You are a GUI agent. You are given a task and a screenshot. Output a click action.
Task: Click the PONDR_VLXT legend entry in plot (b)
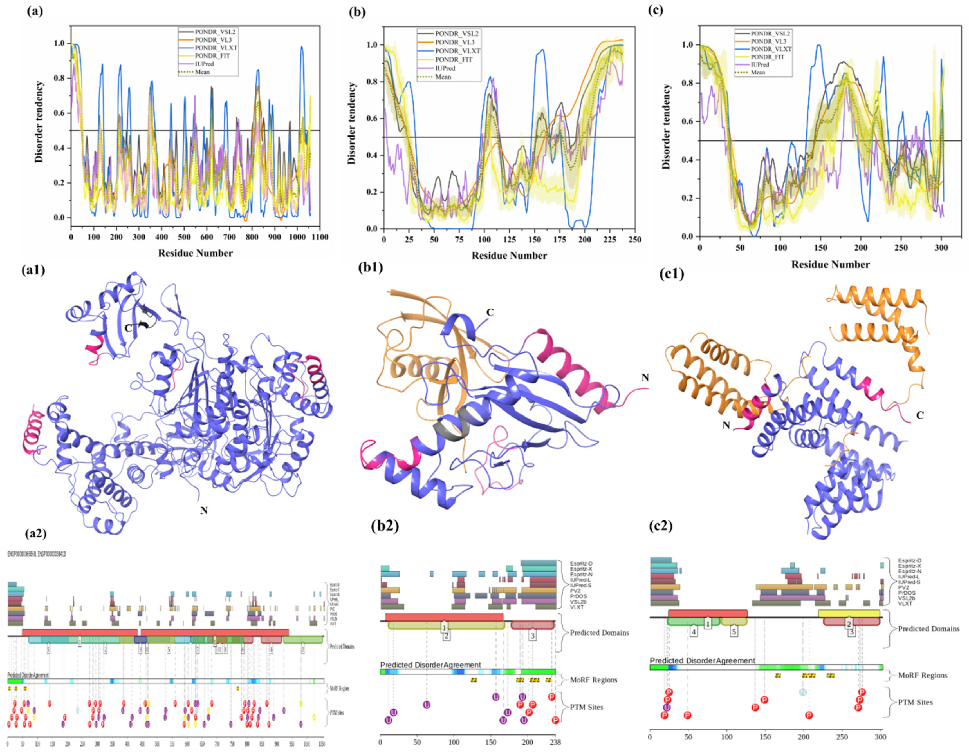tap(457, 51)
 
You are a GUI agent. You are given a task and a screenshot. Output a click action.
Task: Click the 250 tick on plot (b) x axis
tap(635, 240)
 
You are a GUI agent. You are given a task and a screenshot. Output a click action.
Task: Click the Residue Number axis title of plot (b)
tap(509, 256)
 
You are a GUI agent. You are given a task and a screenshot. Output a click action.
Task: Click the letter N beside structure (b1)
tap(645, 378)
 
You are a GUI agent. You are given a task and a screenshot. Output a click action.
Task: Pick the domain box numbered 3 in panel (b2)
tap(532, 636)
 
